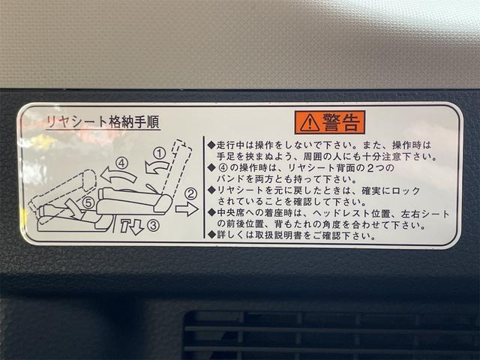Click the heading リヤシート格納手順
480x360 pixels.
tap(103, 122)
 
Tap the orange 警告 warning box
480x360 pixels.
tap(330, 122)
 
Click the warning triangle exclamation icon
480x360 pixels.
tap(310, 123)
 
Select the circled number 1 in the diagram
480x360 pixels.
tap(159, 153)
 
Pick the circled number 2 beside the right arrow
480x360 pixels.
tap(191, 193)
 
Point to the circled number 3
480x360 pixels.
tap(153, 226)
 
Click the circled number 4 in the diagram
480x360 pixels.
tap(121, 163)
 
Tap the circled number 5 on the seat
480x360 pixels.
tap(88, 202)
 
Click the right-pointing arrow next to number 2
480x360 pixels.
tap(187, 209)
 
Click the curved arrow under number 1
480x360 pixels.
tap(156, 167)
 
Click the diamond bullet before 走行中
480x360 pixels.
tap(211, 145)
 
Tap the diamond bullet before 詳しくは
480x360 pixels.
tap(211, 235)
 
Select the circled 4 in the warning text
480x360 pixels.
tap(223, 168)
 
